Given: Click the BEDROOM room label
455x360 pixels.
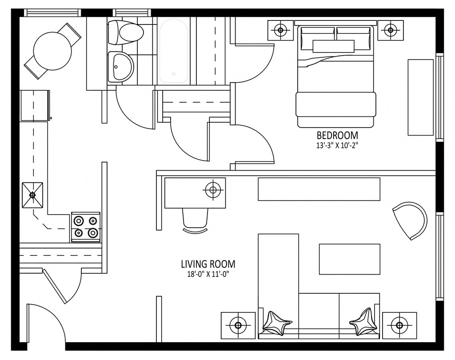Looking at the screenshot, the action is pos(337,135).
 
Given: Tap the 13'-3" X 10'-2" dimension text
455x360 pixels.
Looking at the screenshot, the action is pos(337,144).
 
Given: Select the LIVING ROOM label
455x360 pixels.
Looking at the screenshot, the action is pos(208,264).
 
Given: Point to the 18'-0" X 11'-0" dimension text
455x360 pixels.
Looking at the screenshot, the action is pos(208,274).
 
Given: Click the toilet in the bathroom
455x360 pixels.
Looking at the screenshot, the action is pos(126,32).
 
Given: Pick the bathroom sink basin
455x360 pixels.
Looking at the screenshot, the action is pos(120,67).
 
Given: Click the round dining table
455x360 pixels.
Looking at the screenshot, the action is pos(52,51).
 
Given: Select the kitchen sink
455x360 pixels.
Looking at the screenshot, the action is pos(32,195).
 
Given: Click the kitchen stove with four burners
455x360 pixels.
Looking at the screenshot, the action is pos(86,227).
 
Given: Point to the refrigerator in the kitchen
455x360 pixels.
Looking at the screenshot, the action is pos(34,105).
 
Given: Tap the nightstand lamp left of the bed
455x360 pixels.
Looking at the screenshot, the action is pos(280,30).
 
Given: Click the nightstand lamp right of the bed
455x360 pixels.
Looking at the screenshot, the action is pos(390,30).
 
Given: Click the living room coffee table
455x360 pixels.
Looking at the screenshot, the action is pos(349,259).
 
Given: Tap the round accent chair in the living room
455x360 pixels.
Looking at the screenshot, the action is pos(411,220).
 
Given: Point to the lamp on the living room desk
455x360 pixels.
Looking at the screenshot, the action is pos(213,190).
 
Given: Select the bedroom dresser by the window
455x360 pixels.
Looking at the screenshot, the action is pos(420,97).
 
